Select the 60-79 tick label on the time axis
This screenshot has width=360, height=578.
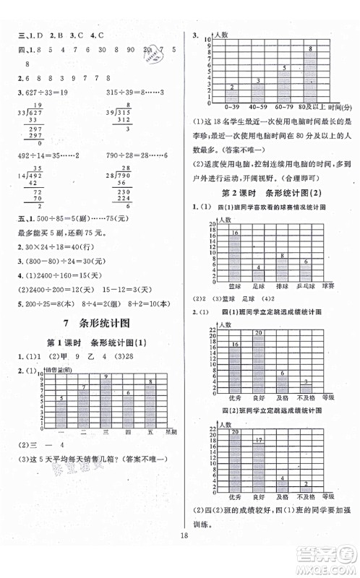pos(286,107)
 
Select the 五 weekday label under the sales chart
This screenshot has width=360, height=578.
pos(149,432)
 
